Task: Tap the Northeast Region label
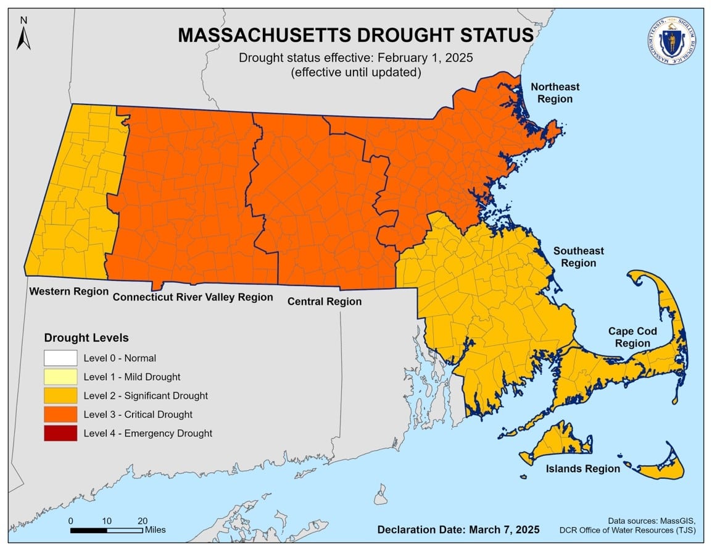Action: coord(555,93)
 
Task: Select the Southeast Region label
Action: coord(578,257)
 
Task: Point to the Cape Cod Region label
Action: coord(632,337)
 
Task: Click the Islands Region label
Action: coord(582,469)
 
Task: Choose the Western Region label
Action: coord(69,291)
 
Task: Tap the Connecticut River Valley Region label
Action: coord(192,297)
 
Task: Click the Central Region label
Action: coord(325,301)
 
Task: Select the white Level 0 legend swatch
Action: coord(60,358)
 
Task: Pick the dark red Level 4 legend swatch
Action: coord(60,433)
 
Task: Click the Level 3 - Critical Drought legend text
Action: coord(138,414)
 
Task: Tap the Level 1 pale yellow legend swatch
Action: coord(60,377)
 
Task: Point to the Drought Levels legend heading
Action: coord(86,338)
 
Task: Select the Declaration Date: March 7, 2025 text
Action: coord(458,529)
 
